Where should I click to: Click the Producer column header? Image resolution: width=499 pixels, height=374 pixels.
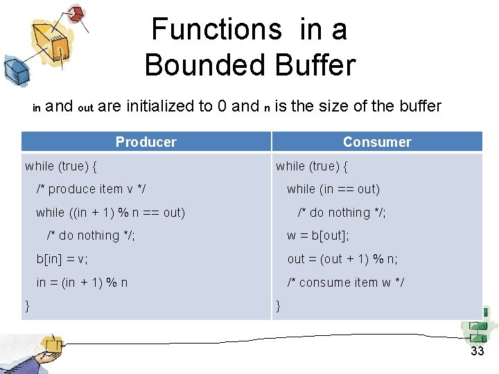[x=146, y=142]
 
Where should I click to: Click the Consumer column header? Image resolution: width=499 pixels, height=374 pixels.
[x=377, y=142]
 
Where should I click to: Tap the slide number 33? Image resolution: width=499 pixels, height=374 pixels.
[x=477, y=351]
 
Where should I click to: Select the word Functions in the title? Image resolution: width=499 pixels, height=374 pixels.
[x=216, y=29]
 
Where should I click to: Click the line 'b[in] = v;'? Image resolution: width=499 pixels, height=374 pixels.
[x=62, y=259]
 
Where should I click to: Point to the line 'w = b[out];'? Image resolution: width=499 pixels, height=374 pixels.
[x=318, y=235]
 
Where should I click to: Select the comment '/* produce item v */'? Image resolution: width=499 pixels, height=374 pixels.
[x=91, y=189]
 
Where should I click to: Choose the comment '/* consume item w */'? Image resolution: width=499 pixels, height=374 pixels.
[x=346, y=283]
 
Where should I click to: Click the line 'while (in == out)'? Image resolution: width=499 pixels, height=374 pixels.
[x=333, y=189]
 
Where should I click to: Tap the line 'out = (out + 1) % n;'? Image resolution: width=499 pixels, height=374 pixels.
[x=342, y=259]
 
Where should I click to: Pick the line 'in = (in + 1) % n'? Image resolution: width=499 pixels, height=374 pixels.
[x=82, y=283]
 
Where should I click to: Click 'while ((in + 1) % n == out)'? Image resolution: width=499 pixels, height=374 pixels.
[x=111, y=213]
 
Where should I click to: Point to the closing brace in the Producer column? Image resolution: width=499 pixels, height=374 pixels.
[x=28, y=305]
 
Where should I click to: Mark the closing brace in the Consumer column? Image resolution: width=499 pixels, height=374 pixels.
[x=279, y=305]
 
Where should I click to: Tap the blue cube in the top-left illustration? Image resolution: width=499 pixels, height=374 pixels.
[x=15, y=69]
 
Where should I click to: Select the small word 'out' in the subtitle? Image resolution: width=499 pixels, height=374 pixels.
[x=85, y=108]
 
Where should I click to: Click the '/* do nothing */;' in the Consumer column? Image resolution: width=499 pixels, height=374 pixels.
[x=342, y=213]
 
